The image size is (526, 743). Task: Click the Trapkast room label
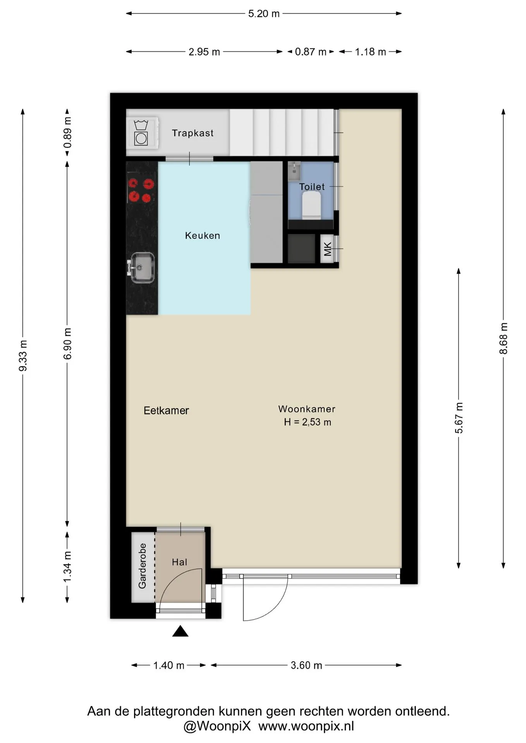tap(193, 133)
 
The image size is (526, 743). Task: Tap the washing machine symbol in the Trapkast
tap(141, 133)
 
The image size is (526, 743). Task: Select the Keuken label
tap(203, 236)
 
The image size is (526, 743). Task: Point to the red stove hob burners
tap(140, 190)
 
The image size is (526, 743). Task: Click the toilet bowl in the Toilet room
tap(311, 205)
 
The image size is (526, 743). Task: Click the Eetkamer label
tap(166, 411)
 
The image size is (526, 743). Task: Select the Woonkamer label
tap(307, 409)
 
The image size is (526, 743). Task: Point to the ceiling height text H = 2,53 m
tap(308, 422)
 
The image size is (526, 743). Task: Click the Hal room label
tap(179, 562)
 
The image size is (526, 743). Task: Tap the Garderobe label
tap(143, 566)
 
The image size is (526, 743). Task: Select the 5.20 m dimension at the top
tap(264, 14)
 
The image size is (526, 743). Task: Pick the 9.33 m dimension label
tap(23, 356)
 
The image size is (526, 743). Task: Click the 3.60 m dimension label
tap(306, 665)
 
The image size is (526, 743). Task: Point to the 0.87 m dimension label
tap(311, 52)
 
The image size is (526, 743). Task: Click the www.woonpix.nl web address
tap(306, 726)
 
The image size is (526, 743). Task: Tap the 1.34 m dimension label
tap(68, 567)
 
